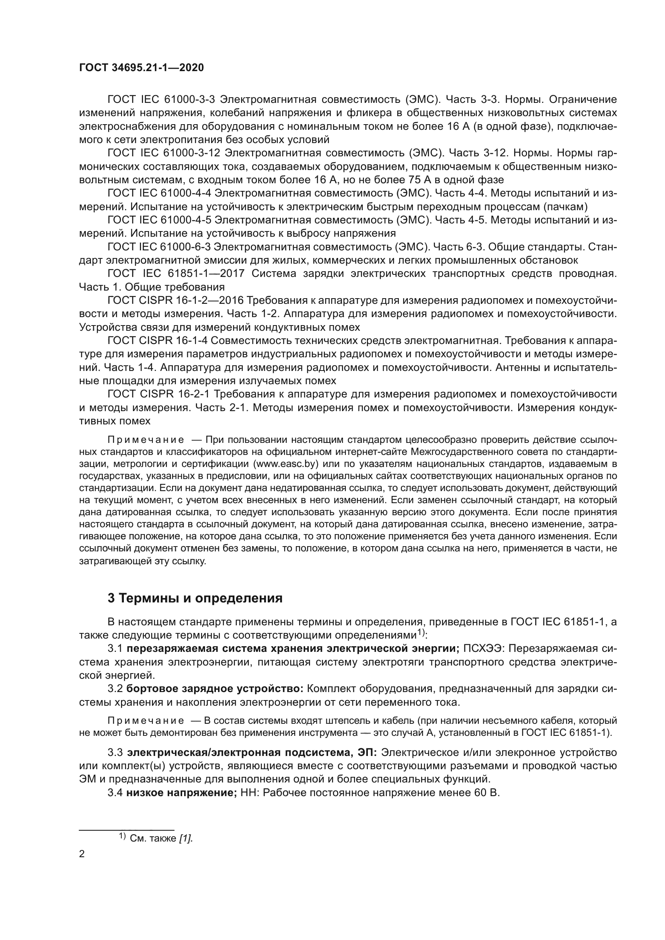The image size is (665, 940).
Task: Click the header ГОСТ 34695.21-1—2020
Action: (141, 68)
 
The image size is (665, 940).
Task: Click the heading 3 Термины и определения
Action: (195, 598)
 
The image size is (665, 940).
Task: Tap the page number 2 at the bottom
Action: (82, 854)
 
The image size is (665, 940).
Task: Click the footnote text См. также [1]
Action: (160, 838)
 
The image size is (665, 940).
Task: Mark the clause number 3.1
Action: (115, 649)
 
